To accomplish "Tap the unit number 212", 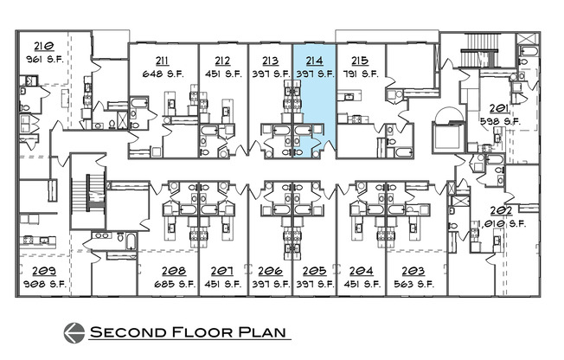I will click(x=221, y=61).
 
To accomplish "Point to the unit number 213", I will click(x=269, y=61).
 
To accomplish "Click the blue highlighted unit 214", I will click(x=313, y=104).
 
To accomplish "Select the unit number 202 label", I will click(x=500, y=210).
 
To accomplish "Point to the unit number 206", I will click(x=270, y=271).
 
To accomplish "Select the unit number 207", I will click(x=222, y=271).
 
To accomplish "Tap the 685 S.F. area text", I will click(x=174, y=283).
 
